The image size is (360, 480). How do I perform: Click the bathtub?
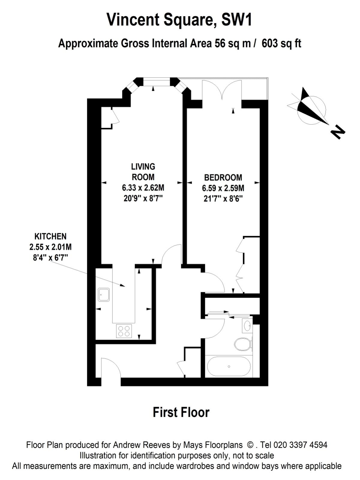coord(229,367)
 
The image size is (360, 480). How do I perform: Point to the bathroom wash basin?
coord(247,325)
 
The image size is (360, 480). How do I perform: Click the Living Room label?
coord(143,171)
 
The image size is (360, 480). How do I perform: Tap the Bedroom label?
coord(223,177)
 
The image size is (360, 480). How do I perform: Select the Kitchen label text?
coord(50,236)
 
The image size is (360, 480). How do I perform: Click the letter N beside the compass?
coord(338,132)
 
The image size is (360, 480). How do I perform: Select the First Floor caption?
coord(181,412)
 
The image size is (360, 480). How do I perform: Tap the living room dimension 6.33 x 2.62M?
coord(143,188)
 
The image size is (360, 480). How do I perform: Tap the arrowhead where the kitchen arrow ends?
coord(123,286)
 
